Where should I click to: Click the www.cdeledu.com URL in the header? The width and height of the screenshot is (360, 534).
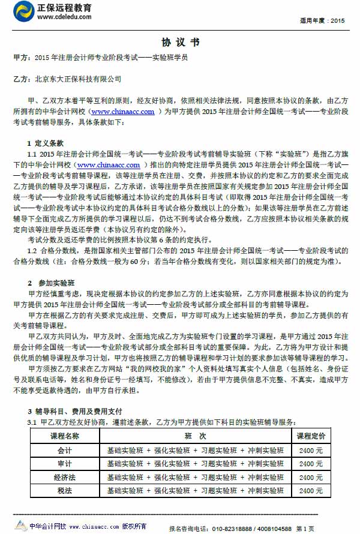[64, 17]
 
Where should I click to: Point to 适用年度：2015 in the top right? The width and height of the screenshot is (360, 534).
[325, 20]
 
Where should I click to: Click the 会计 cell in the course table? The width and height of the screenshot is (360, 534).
[64, 449]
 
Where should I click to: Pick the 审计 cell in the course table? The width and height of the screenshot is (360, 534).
[64, 463]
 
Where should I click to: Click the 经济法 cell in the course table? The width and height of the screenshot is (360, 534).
[64, 477]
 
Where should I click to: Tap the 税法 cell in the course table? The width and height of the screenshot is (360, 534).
[64, 491]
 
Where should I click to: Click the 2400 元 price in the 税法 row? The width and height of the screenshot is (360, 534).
[311, 491]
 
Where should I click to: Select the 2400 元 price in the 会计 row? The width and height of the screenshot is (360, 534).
[311, 449]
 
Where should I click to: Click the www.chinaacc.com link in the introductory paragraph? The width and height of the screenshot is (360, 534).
[123, 112]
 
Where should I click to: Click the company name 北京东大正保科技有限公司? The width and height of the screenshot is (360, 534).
[78, 79]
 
